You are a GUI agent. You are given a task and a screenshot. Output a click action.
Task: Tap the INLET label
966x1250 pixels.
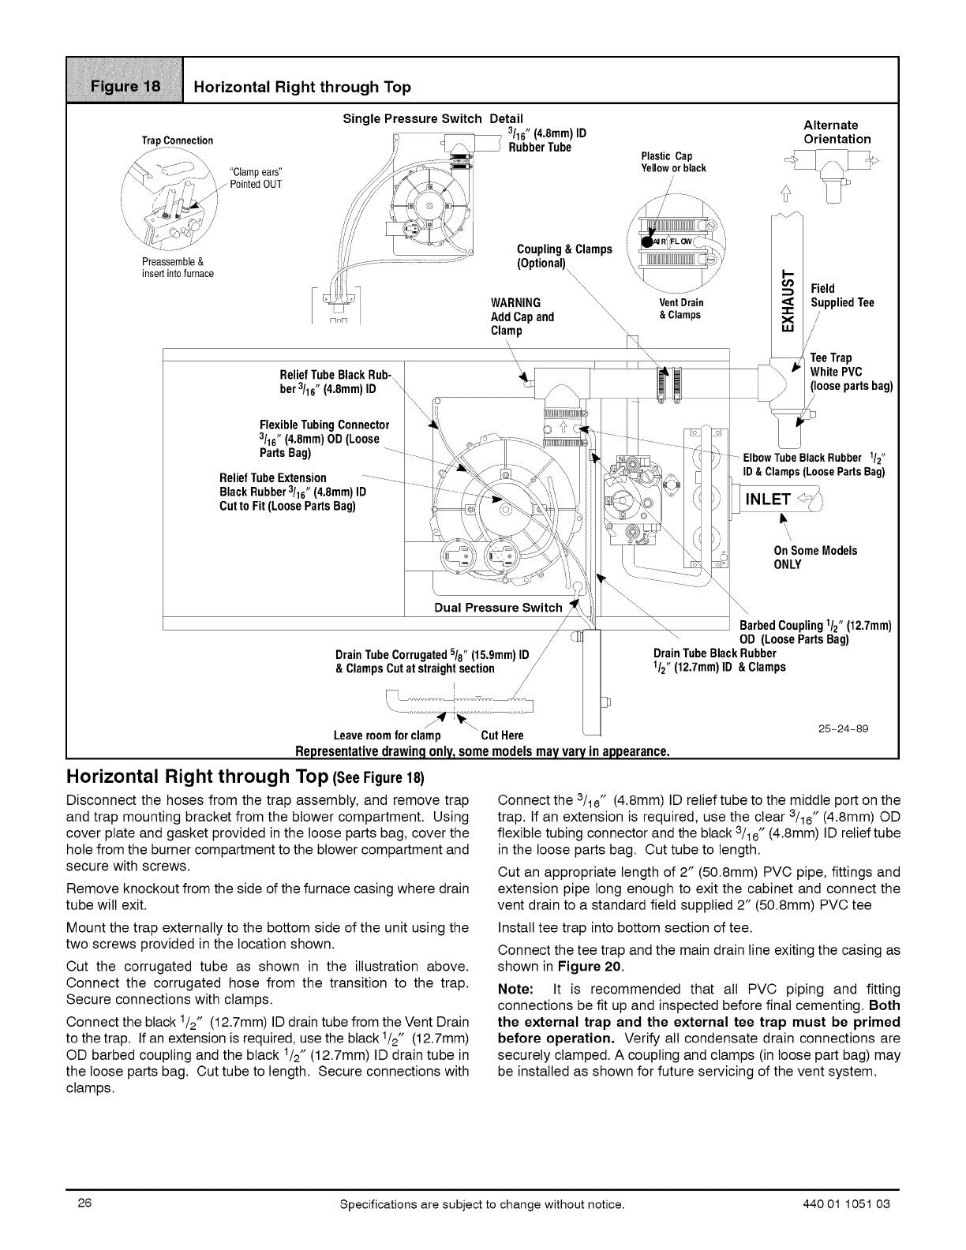(x=769, y=499)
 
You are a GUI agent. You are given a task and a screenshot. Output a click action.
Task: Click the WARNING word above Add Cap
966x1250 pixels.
(x=516, y=303)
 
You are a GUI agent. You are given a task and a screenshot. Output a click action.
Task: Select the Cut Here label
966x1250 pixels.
(x=502, y=735)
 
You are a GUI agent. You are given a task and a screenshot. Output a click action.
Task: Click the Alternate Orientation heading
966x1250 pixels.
(x=837, y=132)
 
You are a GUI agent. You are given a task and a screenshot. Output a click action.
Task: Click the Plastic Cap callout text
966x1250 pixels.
(x=673, y=162)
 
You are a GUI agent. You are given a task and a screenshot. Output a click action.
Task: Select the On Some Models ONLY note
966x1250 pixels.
(x=814, y=557)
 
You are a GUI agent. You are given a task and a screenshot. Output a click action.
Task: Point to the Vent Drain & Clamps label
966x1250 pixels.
(x=680, y=309)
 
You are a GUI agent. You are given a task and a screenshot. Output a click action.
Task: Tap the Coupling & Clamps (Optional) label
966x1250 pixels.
(x=563, y=256)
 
